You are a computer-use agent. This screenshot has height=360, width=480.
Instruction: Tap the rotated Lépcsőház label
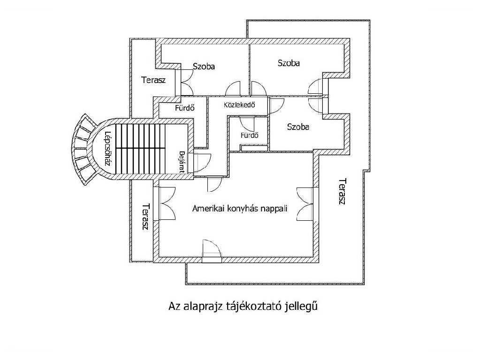coord(107,149)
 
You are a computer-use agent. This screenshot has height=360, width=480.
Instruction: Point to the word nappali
coord(274,209)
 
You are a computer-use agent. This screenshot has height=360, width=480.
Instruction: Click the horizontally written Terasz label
coord(153,80)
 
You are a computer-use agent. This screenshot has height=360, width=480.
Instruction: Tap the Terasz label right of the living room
coord(343,191)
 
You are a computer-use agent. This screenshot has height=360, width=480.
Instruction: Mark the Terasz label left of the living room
coord(145,217)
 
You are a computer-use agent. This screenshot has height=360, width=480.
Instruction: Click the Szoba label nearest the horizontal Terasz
coord(204,66)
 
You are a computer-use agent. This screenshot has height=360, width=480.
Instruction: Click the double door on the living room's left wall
coord(166,202)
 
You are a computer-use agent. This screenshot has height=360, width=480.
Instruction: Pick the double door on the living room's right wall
coord(305,202)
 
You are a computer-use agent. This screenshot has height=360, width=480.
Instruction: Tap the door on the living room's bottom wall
coord(212,248)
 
